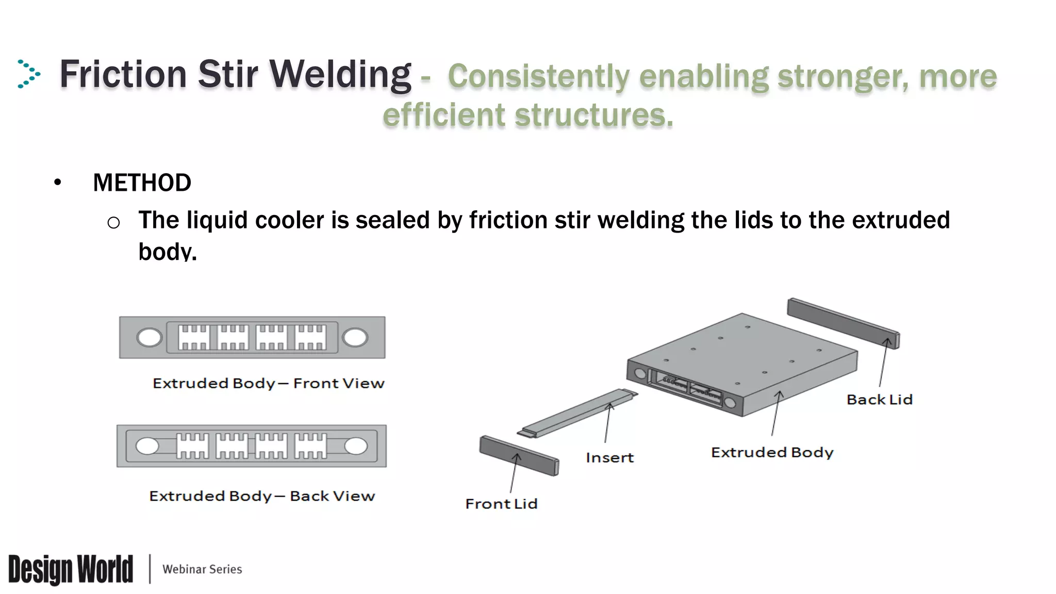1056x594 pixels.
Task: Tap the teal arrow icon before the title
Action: pos(28,74)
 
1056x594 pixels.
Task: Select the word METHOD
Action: pos(142,183)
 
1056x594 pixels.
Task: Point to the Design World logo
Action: pos(71,569)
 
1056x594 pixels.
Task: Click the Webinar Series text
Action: pos(202,569)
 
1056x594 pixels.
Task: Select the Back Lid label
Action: pos(879,400)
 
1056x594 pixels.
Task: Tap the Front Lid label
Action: pos(501,504)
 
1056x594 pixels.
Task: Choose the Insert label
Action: pos(609,458)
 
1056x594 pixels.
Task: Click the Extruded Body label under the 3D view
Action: pos(772,453)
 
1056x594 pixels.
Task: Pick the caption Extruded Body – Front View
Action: pos(268,384)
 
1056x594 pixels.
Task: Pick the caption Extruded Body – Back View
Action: pos(262,496)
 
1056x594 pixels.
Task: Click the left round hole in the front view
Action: pos(149,338)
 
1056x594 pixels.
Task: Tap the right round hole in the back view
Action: pos(356,446)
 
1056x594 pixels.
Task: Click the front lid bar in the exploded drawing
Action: pos(518,455)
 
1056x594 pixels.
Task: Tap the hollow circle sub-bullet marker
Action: pos(113,223)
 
